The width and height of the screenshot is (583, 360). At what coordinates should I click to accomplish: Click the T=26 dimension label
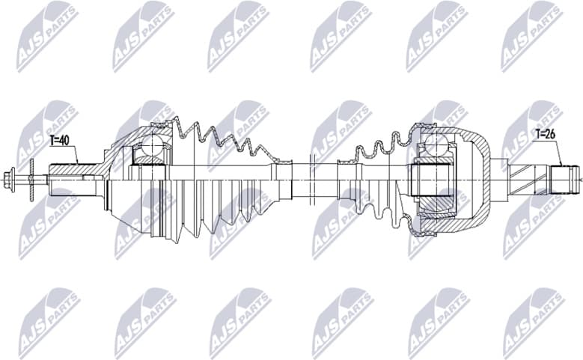[546, 135]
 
